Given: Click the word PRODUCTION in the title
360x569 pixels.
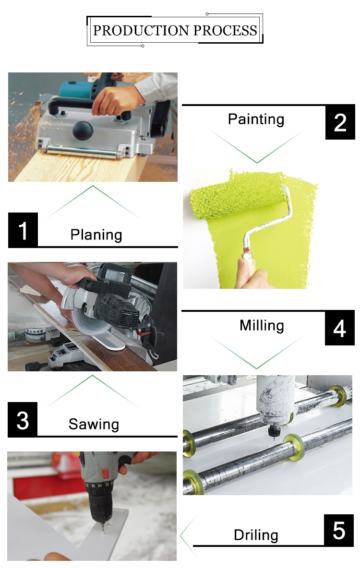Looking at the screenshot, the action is pyautogui.click(x=141, y=31).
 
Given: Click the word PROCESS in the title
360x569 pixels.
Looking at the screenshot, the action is pyautogui.click(x=225, y=31).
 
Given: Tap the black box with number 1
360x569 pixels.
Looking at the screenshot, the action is pyautogui.click(x=23, y=230).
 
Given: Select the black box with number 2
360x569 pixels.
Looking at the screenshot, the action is pyautogui.click(x=340, y=122).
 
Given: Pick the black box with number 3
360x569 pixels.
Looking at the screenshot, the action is pyautogui.click(x=23, y=419).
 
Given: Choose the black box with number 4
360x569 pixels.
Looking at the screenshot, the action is pyautogui.click(x=340, y=328).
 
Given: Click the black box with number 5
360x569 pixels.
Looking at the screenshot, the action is pyautogui.click(x=338, y=531).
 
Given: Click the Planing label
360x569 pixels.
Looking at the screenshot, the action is pyautogui.click(x=96, y=235).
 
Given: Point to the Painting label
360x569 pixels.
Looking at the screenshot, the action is pyautogui.click(x=256, y=119).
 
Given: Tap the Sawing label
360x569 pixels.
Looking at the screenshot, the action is pyautogui.click(x=94, y=424).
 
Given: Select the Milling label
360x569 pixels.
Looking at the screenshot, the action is pyautogui.click(x=262, y=325).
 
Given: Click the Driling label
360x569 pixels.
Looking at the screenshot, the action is pyautogui.click(x=256, y=535).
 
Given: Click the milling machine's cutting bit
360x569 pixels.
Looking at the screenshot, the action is pyautogui.click(x=272, y=434).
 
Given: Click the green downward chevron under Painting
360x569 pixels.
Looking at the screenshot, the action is pyautogui.click(x=257, y=162).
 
